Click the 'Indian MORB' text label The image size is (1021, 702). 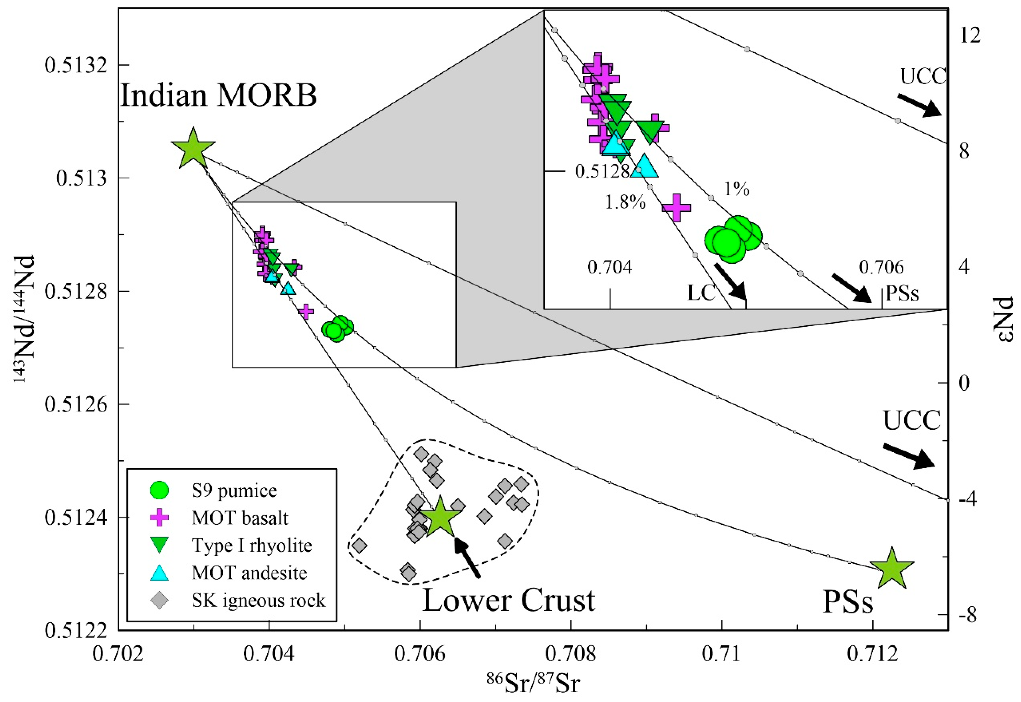(219, 95)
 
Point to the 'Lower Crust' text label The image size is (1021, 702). (508, 600)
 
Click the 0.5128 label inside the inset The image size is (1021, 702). (602, 171)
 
